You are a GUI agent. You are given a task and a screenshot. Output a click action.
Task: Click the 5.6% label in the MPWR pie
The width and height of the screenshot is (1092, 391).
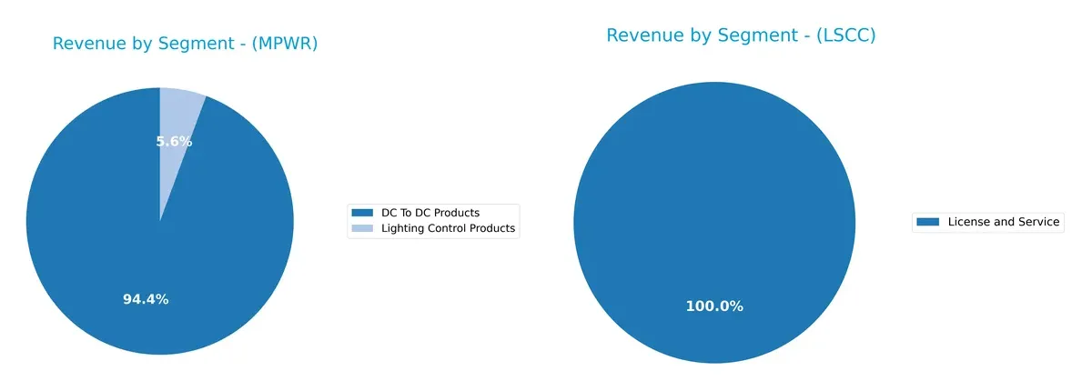[x=174, y=142]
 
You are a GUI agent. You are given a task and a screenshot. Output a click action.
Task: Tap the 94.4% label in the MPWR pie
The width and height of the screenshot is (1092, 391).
[x=146, y=299]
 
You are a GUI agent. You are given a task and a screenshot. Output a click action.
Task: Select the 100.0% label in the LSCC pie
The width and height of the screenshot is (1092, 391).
[x=714, y=306]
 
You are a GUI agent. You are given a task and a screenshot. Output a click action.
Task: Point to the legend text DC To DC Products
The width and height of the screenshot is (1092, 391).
[x=430, y=213]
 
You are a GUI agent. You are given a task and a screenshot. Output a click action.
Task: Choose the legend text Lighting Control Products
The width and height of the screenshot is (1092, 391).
[x=448, y=229]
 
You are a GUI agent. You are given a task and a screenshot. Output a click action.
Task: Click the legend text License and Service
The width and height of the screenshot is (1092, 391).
[x=1004, y=222]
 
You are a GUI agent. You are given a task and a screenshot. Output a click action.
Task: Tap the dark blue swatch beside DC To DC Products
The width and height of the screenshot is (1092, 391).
[x=361, y=213]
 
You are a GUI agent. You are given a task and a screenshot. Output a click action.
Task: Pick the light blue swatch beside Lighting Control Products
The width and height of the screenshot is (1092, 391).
[x=361, y=229]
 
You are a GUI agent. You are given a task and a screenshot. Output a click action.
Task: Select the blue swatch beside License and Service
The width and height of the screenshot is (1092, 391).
[x=927, y=222]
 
